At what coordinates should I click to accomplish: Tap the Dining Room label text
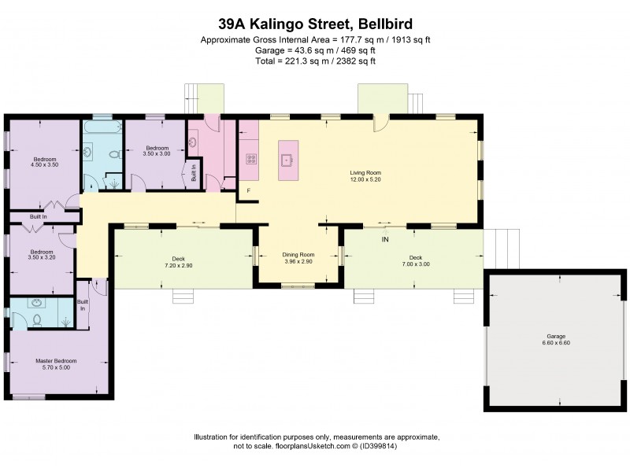(298, 255)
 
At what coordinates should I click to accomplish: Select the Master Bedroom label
(56, 361)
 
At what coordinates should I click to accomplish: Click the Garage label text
(556, 336)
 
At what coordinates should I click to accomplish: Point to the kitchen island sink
(287, 160)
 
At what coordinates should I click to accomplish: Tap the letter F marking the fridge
(248, 190)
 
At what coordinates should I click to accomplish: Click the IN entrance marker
(385, 238)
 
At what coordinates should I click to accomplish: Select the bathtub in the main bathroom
(100, 127)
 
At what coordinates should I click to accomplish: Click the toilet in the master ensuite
(36, 319)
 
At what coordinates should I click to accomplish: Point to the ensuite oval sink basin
(35, 303)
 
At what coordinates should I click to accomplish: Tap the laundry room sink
(194, 142)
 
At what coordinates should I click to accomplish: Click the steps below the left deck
(183, 296)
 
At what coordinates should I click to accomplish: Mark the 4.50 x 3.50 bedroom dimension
(45, 165)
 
